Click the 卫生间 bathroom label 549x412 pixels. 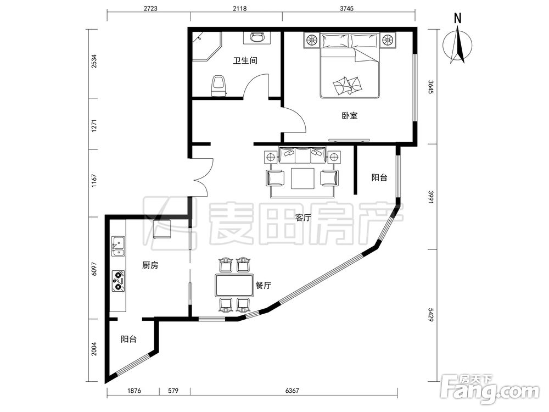coord(245,60)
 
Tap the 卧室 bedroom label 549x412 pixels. coord(349,115)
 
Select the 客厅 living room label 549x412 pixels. coord(303,218)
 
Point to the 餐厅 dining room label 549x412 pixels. coord(263,286)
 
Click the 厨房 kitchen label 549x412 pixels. coord(150,265)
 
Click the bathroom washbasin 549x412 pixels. coord(257,37)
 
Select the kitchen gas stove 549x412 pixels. coord(119,281)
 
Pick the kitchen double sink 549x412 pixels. coord(118,246)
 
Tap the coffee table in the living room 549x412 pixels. coord(303,179)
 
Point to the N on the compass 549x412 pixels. coord(457,19)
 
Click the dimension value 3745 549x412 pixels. coord(346,8)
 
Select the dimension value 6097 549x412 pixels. coord(94,269)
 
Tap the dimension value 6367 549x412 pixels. coord(292,390)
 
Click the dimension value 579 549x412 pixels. coord(173,390)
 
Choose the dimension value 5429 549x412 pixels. coord(431,315)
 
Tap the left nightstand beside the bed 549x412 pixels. coord(311,40)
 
